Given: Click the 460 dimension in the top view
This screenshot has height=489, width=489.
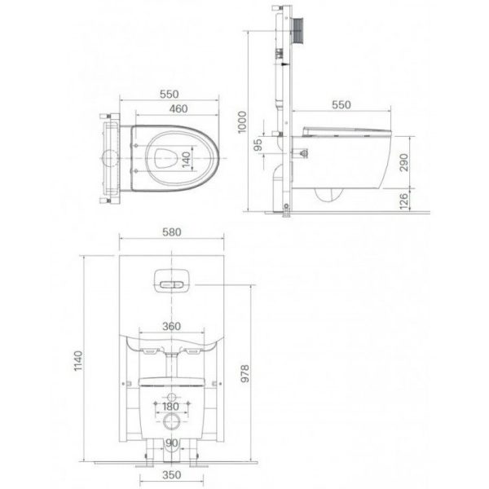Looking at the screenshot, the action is click(178, 109).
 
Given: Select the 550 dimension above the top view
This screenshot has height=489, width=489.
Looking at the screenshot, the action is click(169, 95).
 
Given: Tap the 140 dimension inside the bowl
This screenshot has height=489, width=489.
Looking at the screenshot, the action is click(186, 160).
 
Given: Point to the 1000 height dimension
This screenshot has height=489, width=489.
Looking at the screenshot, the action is click(242, 122).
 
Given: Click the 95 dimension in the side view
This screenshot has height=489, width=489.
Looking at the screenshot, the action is click(258, 145).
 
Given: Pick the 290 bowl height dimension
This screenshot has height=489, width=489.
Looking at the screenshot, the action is click(404, 162).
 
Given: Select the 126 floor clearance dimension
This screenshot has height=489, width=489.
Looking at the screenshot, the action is click(404, 201).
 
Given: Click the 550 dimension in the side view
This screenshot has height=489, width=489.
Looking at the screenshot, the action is click(341, 105).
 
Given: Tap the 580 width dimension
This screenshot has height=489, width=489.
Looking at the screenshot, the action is click(171, 232).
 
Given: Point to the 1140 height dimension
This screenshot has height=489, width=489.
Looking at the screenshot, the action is click(78, 361).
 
